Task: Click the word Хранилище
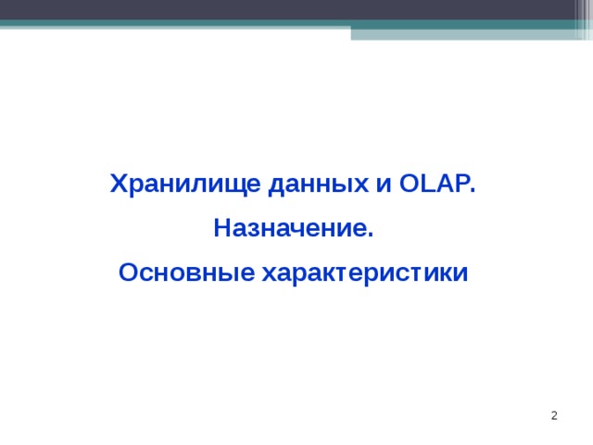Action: click(x=185, y=184)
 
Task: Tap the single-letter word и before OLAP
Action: click(x=383, y=184)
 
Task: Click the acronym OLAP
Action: click(x=433, y=184)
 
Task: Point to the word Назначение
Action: click(x=291, y=228)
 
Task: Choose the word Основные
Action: click(x=186, y=273)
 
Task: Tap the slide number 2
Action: click(x=554, y=416)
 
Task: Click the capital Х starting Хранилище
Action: click(x=118, y=184)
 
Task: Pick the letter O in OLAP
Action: click(x=409, y=184)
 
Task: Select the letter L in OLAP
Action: click(x=426, y=184)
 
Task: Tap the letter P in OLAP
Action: click(x=460, y=184)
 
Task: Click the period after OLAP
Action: click(x=473, y=190)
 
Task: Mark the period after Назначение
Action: click(x=370, y=235)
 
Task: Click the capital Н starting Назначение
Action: click(x=221, y=228)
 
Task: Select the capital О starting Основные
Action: click(x=129, y=273)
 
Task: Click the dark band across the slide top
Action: click(x=296, y=9)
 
